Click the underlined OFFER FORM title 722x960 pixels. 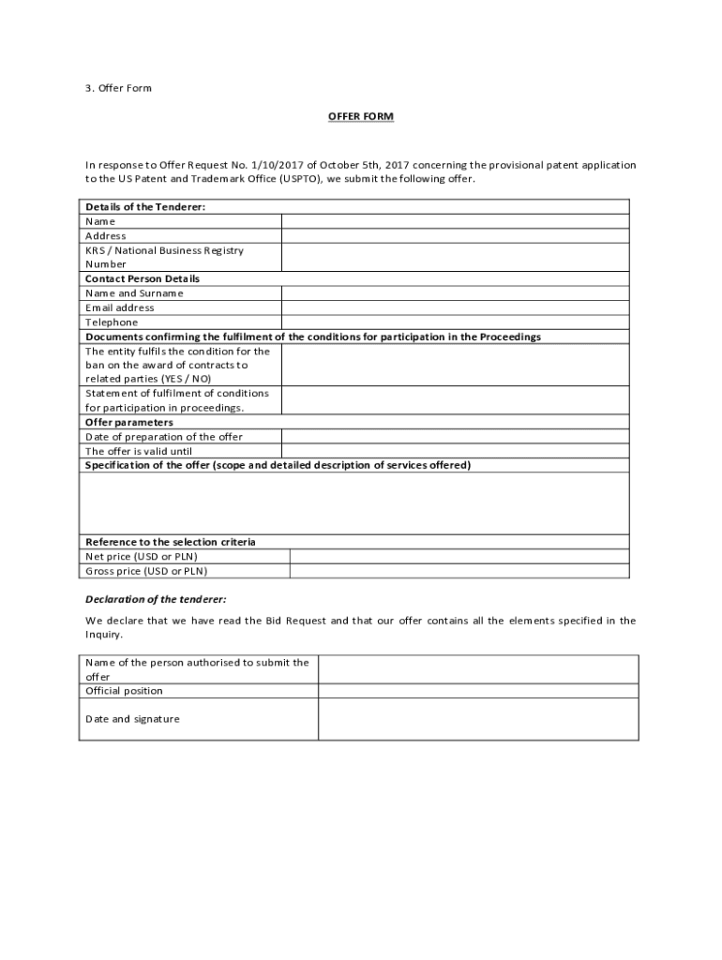(360, 116)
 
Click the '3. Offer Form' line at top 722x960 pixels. (118, 88)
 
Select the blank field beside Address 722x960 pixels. (455, 236)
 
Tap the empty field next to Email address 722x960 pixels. (455, 307)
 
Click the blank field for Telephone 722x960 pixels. (455, 322)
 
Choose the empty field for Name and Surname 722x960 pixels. (455, 293)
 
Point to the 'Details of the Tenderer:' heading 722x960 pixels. (145, 206)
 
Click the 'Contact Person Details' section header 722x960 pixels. (143, 278)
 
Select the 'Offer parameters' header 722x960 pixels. (129, 422)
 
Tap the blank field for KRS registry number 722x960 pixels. (455, 258)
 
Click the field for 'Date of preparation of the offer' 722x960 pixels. (455, 437)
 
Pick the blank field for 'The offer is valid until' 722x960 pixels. (455, 451)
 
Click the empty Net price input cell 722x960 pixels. (459, 556)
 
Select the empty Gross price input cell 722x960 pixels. (459, 570)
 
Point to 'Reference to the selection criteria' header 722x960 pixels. (171, 542)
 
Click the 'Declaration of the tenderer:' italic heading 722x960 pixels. (156, 599)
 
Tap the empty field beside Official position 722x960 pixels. (478, 691)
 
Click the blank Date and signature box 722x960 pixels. (478, 719)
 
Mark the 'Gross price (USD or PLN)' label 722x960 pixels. (146, 570)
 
